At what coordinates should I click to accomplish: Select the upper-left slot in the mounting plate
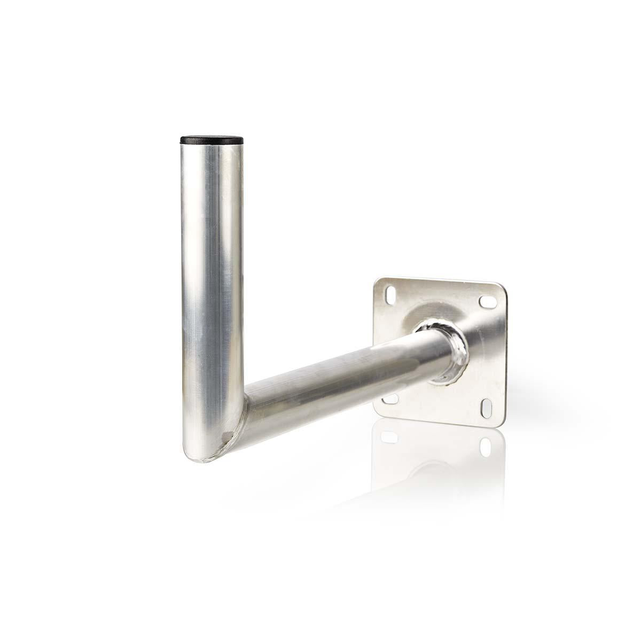(391, 294)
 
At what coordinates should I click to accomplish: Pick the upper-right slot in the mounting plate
(488, 302)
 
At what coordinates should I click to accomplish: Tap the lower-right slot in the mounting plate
(488, 409)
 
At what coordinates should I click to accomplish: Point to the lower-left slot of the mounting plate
(391, 398)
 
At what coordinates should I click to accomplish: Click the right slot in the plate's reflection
(486, 447)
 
